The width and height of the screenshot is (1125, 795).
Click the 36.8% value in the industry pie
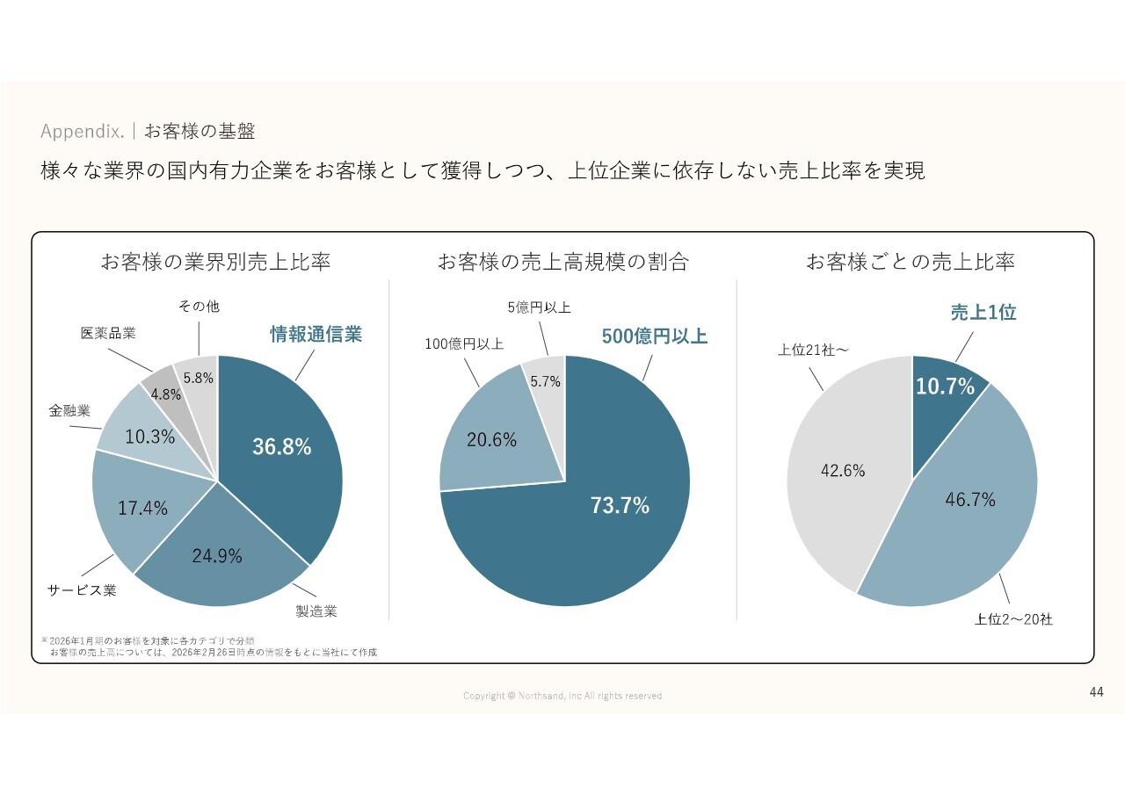click(281, 446)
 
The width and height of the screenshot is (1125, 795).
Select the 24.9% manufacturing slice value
click(217, 555)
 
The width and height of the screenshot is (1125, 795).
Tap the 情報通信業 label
click(316, 334)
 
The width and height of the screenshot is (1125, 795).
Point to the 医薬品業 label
click(108, 334)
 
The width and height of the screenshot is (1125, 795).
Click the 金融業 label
click(69, 409)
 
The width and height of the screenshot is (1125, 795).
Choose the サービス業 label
click(82, 590)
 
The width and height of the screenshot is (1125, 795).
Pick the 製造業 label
click(316, 611)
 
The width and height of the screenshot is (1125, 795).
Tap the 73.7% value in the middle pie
click(621, 505)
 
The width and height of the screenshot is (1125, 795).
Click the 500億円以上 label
click(654, 336)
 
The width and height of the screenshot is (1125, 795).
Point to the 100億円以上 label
click(464, 344)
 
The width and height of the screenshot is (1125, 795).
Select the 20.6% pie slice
click(491, 439)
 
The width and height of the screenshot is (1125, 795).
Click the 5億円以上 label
click(539, 307)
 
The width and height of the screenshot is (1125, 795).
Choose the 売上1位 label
click(983, 312)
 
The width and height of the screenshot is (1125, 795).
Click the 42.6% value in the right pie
click(843, 470)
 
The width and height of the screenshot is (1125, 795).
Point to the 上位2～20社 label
click(1012, 619)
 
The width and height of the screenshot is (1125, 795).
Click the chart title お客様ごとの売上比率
click(910, 262)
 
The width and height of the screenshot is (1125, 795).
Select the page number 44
click(1096, 692)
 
